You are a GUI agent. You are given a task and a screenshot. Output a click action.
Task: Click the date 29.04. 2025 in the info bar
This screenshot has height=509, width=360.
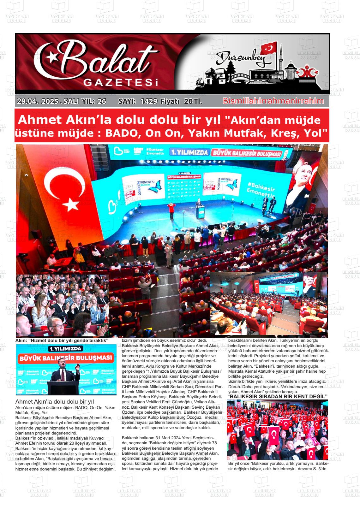(38, 101)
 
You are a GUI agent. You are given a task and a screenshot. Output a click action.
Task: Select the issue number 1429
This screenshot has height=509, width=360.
(149, 101)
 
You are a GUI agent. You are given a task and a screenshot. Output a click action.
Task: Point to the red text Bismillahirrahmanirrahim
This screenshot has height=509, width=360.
(273, 101)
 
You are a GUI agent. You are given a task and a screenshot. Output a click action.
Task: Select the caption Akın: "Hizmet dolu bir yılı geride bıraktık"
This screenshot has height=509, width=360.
(62, 340)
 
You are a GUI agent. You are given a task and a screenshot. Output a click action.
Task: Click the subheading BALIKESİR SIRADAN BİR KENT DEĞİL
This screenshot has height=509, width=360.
(278, 396)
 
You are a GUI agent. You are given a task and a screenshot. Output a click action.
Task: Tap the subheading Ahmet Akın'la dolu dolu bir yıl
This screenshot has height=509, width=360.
(55, 402)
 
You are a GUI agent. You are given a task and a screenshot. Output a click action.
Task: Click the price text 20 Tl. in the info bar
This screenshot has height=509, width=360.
(193, 101)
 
